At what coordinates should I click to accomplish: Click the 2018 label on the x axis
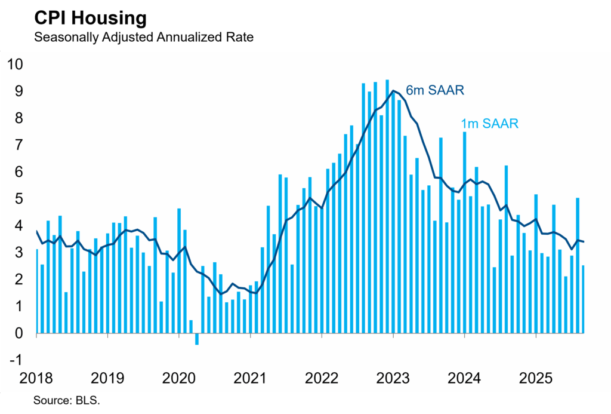[36, 378]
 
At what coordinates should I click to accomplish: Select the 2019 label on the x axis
[107, 378]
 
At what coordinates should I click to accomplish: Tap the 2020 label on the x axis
[179, 378]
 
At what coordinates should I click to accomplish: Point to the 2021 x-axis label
[250, 378]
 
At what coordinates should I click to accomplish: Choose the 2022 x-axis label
[322, 378]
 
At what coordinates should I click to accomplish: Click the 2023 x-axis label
[393, 378]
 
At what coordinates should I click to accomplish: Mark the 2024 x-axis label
[464, 378]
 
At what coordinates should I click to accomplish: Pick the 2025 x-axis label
[535, 378]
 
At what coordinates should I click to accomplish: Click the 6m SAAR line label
[435, 90]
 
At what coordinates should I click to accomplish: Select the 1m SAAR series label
[489, 124]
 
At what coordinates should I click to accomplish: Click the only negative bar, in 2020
[197, 339]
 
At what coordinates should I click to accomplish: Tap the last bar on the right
[583, 299]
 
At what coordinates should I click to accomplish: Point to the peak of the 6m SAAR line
[393, 91]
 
